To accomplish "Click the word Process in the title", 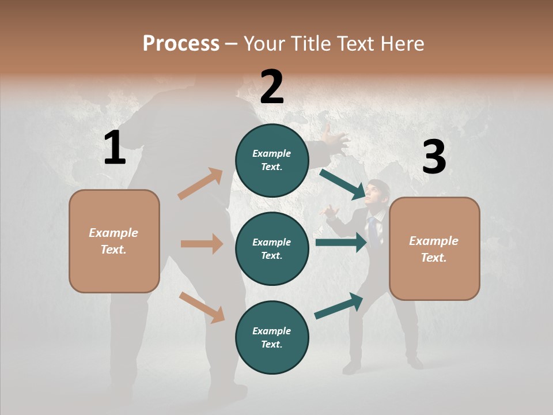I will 181,44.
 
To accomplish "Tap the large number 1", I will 115,148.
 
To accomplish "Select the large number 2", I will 272,87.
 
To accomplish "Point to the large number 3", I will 434,157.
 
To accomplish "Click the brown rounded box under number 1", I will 114,241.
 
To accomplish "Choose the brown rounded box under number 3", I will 434,248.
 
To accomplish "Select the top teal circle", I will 272,160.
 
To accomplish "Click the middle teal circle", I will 272,248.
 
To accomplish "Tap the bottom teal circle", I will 272,337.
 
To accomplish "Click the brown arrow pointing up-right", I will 200,184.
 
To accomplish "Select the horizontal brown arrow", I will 202,244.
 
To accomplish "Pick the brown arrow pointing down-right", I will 202,307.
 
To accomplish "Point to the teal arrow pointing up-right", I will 339,306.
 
